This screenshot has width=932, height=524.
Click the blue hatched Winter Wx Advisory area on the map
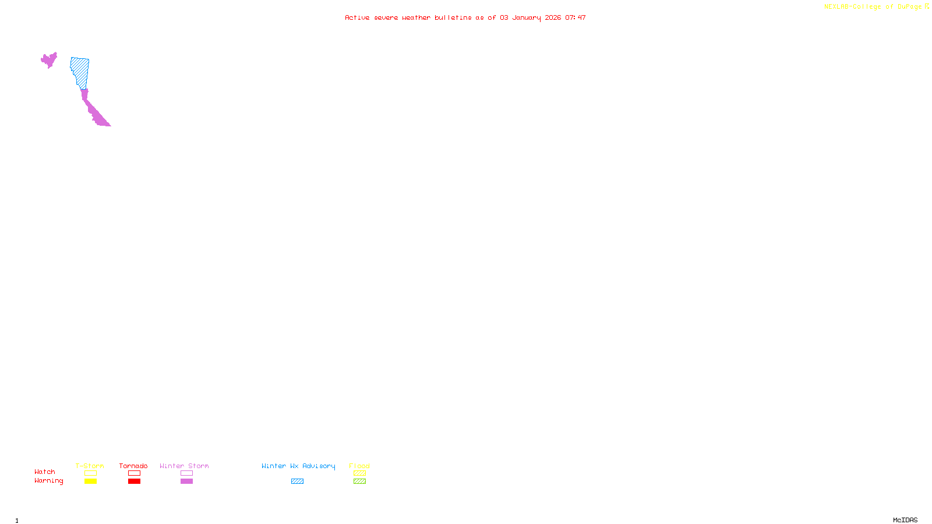(80, 71)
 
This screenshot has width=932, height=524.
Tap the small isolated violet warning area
(49, 59)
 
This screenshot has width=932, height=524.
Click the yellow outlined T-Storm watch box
(90, 473)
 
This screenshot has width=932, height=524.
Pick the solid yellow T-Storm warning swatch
(90, 481)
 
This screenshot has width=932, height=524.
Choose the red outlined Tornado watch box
(134, 473)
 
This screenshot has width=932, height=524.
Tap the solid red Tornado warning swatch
(134, 481)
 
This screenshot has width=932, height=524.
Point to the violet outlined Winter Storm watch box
(186, 473)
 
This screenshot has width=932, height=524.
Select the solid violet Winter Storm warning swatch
(186, 481)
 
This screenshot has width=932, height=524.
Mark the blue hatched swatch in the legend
(297, 481)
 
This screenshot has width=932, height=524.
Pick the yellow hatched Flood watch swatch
(359, 473)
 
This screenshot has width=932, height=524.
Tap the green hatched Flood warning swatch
(359, 481)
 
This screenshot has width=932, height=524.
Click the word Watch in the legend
(45, 472)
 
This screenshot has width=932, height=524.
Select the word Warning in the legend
(48, 481)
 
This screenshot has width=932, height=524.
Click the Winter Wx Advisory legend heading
(298, 466)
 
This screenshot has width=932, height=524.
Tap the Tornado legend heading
(133, 466)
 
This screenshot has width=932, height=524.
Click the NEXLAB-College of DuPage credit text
(873, 7)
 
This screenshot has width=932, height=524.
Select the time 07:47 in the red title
(576, 17)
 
